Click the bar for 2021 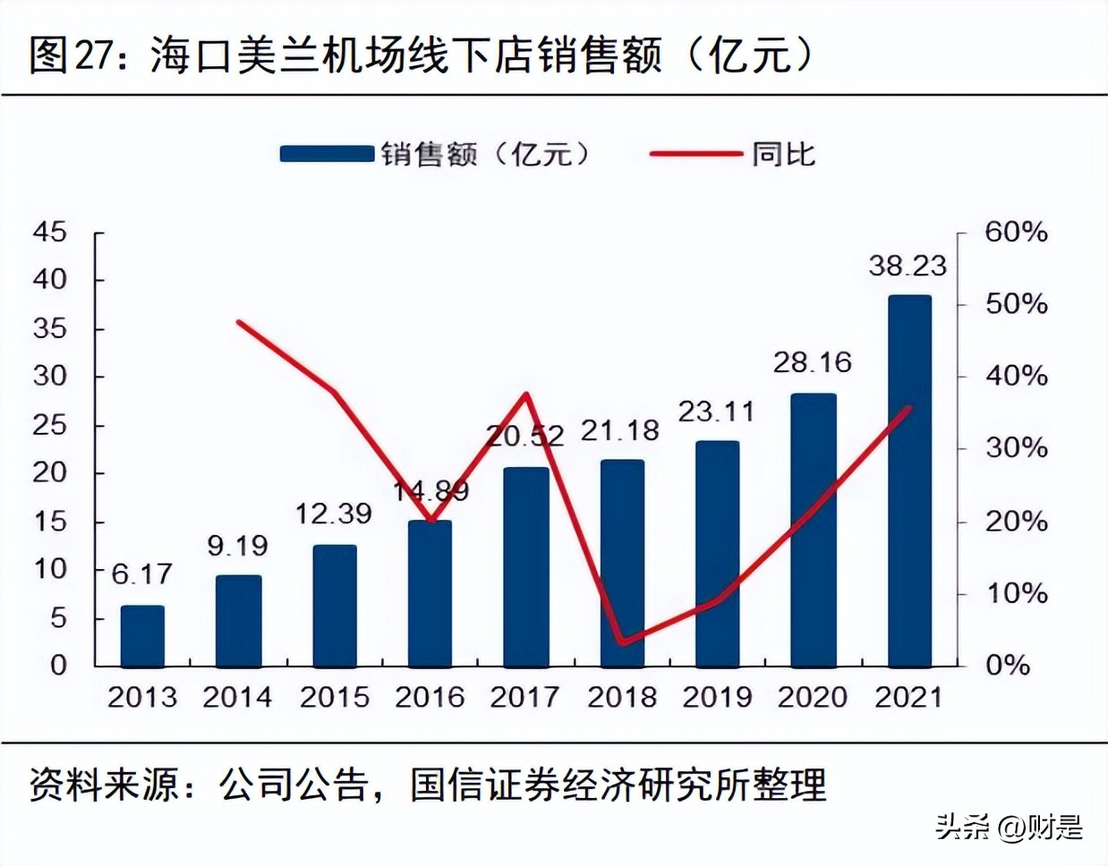[x=909, y=481]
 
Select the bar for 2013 [x=143, y=636]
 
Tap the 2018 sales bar [x=622, y=564]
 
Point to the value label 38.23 [x=907, y=266]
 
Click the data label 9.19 [x=237, y=546]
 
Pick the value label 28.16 [x=813, y=362]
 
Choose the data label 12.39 [x=334, y=514]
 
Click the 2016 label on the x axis [x=430, y=697]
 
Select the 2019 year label [x=717, y=697]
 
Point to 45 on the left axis [x=50, y=233]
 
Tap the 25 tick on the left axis [x=50, y=425]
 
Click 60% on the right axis [x=1016, y=233]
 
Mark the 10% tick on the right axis [x=1016, y=593]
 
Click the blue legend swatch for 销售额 [x=326, y=154]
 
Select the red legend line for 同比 [x=695, y=154]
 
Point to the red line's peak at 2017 [x=526, y=395]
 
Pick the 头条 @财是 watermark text [x=1010, y=828]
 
